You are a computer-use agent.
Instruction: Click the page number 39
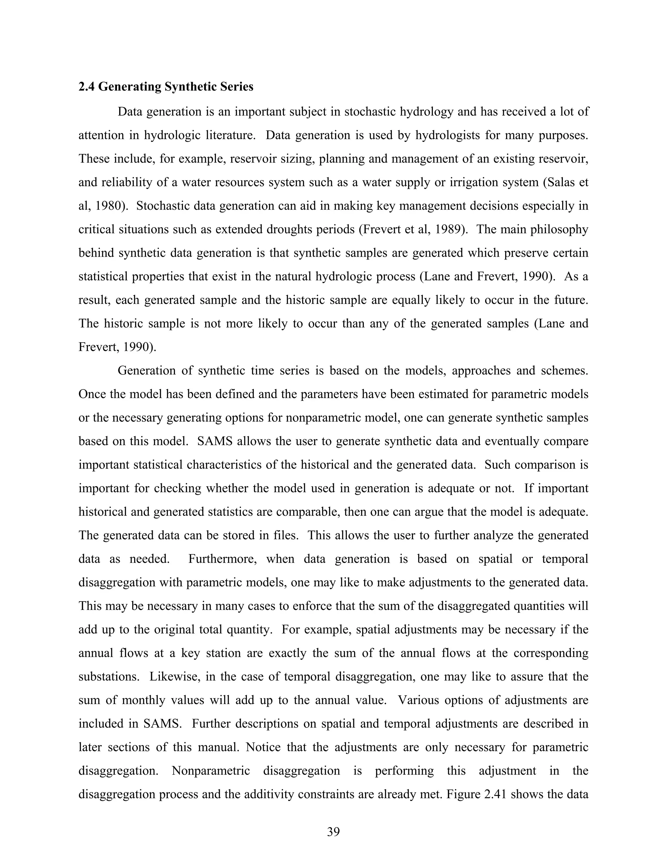pos(333,831)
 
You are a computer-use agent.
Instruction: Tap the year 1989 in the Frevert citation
pos(449,230)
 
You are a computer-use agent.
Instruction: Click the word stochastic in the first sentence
pos(370,112)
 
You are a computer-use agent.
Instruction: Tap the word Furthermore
pos(221,559)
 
